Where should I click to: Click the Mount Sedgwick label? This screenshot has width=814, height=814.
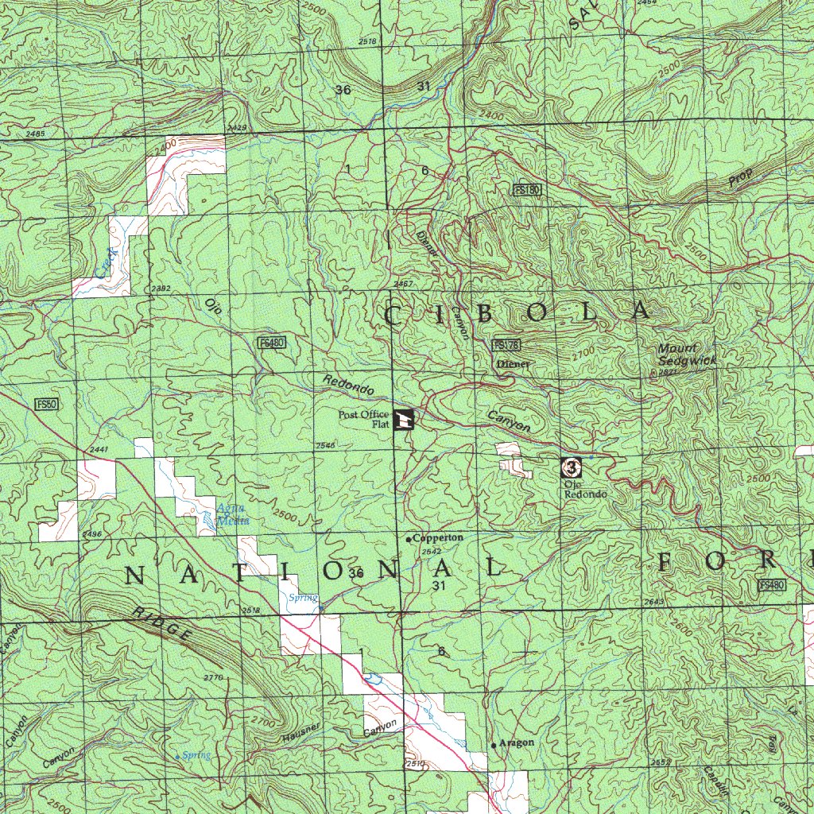[687, 355]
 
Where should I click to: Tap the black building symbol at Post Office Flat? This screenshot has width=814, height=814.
[404, 418]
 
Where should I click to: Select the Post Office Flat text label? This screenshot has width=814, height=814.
[363, 419]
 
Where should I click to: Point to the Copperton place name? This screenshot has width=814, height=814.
[438, 538]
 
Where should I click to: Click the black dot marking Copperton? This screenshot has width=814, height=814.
[409, 540]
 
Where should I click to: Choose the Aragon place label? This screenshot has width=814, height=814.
[517, 742]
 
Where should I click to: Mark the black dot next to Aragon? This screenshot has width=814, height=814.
[494, 746]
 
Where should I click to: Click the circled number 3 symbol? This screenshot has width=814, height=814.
[571, 467]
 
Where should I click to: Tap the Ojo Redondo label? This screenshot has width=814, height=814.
[585, 489]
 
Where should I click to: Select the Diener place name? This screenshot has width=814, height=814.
[513, 363]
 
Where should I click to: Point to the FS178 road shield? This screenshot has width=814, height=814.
[506, 345]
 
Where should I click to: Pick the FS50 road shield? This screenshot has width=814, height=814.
[47, 405]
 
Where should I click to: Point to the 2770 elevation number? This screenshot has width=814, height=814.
[213, 677]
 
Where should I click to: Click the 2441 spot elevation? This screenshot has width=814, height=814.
[99, 451]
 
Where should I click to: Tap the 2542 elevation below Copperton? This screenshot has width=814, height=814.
[432, 552]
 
